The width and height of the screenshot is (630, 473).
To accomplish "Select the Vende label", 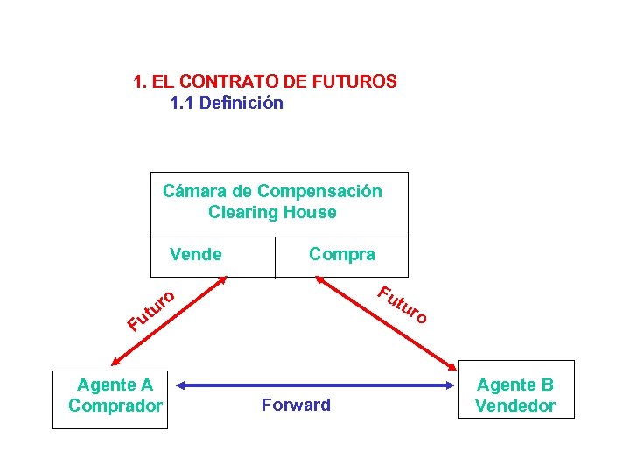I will (196, 255).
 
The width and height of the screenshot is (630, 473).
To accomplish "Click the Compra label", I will (341, 255).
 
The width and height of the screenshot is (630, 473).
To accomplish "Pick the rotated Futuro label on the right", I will (402, 304).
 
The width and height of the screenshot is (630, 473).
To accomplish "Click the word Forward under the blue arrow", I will (296, 405).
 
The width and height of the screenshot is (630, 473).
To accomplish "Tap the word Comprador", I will (115, 406).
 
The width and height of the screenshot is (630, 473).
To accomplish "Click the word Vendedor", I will (514, 406).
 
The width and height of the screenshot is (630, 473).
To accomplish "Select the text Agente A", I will (115, 385).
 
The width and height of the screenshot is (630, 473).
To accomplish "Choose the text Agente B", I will (514, 385).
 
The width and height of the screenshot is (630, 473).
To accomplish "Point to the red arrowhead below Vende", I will (223, 281).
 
